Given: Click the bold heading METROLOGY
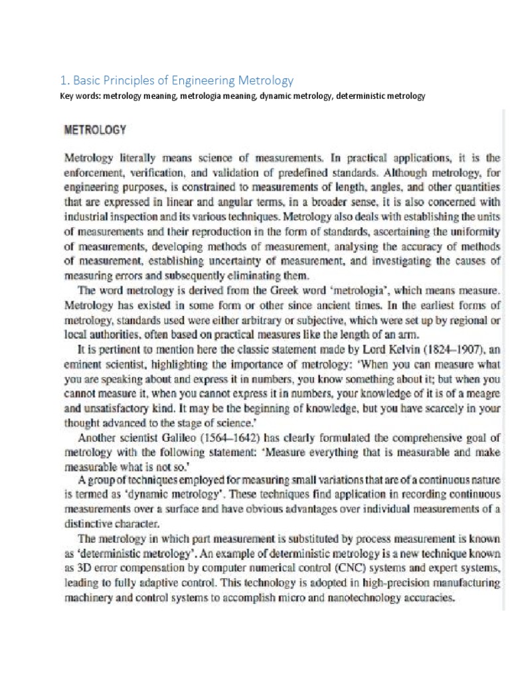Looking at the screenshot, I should coord(94,130).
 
